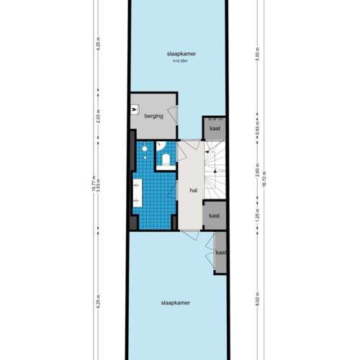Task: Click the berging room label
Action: [153, 115]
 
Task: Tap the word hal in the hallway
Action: [194, 191]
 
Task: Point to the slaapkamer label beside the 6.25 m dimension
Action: [177, 304]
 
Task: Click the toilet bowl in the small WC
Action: [165, 160]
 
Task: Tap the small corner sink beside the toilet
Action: [145, 150]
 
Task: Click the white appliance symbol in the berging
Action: [135, 110]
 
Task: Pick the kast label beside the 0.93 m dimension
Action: [215, 128]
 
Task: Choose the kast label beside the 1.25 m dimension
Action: [215, 215]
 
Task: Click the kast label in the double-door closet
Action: [220, 253]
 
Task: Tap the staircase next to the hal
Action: [215, 173]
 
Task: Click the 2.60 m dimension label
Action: [257, 171]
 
